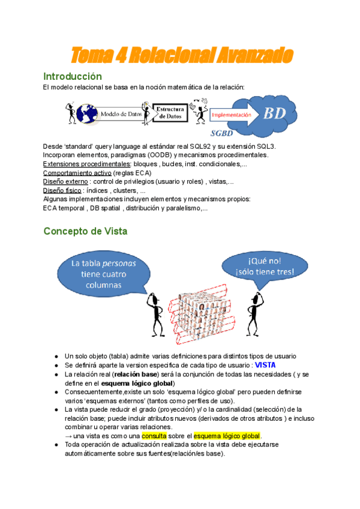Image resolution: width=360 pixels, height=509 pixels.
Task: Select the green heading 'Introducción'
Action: (72, 77)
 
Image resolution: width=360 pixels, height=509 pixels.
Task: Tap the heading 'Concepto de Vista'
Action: (85, 231)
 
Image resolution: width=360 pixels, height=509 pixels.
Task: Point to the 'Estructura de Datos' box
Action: (170, 112)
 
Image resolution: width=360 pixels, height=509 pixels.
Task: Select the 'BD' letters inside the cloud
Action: (275, 113)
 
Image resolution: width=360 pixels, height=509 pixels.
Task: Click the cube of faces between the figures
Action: (205, 316)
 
